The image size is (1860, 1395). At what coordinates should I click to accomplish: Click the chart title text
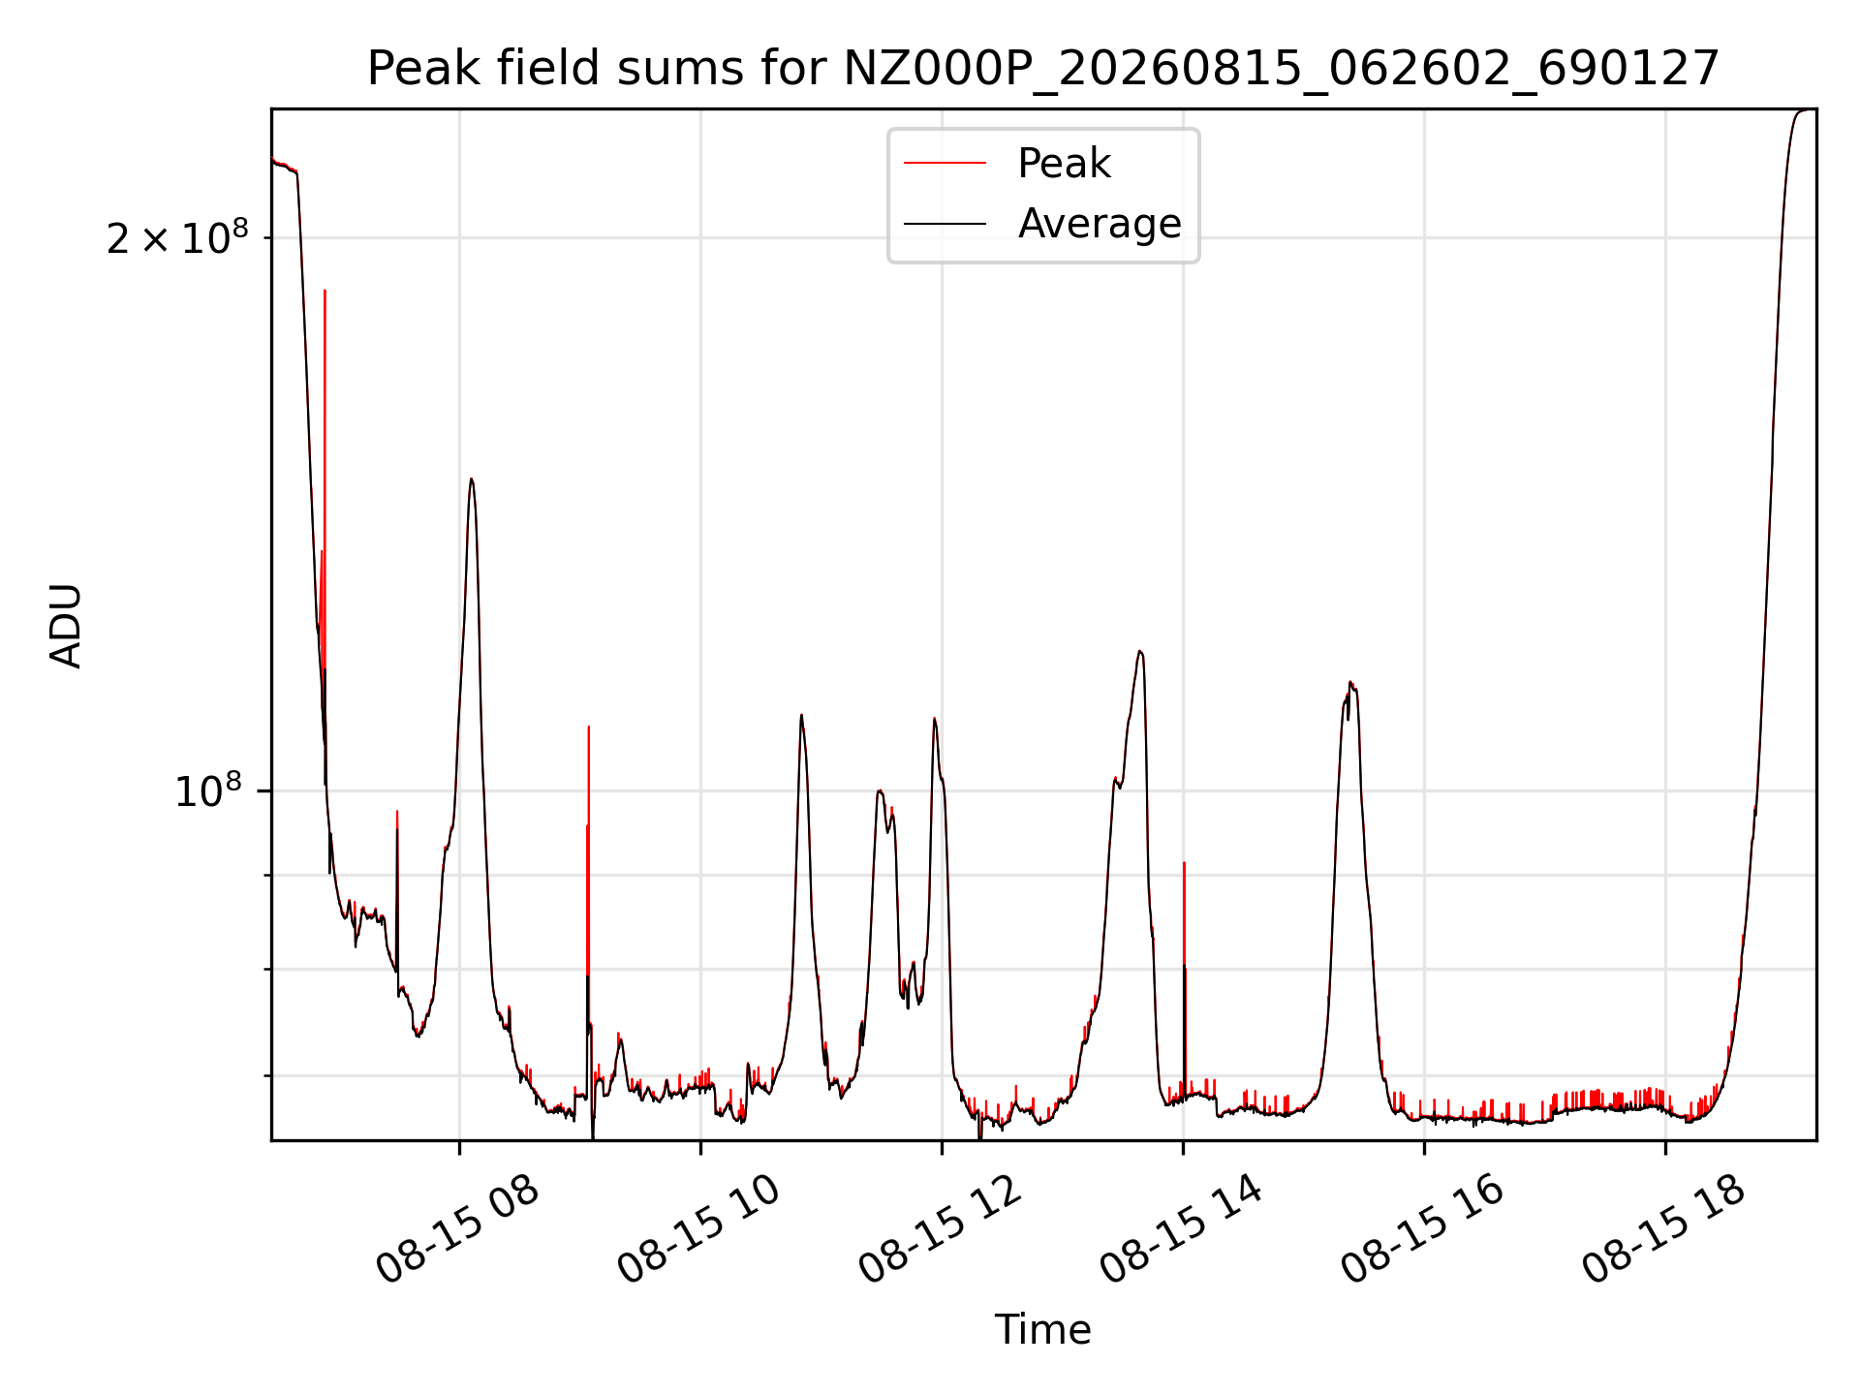click(x=1043, y=69)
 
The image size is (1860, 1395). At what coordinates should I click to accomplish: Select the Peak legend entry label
click(x=1064, y=164)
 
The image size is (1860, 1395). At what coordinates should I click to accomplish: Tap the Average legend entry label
click(x=1100, y=224)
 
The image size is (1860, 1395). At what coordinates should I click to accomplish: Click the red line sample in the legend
click(x=945, y=164)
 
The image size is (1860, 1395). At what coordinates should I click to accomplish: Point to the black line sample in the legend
click(x=945, y=224)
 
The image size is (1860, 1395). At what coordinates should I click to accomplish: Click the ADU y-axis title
click(x=66, y=625)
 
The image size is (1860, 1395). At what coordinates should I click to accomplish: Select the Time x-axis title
click(x=1043, y=1329)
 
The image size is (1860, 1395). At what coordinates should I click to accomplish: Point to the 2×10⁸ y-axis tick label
click(x=178, y=236)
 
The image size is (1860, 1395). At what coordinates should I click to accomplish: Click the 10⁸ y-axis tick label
click(x=208, y=790)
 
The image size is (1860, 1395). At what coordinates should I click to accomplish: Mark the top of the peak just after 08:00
click(x=471, y=479)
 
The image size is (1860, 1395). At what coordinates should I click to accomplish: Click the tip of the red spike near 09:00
click(x=588, y=727)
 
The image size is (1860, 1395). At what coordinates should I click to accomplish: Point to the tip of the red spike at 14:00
click(x=1184, y=862)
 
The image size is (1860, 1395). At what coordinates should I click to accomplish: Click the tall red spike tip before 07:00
click(x=325, y=290)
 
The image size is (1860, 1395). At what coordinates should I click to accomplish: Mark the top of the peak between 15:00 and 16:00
click(x=1350, y=683)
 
